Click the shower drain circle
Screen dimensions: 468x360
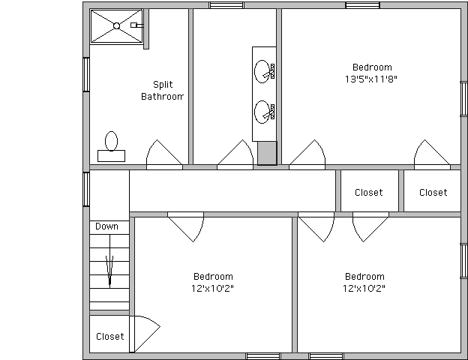point(117,26)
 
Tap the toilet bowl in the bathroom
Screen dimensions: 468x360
point(111,141)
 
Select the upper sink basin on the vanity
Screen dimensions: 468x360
point(262,71)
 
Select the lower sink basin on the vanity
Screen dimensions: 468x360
point(262,112)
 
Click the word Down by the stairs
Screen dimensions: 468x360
point(106,226)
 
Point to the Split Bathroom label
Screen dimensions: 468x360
point(162,91)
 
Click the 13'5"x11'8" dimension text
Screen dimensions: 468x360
point(371,79)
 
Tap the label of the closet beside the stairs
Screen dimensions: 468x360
point(109,337)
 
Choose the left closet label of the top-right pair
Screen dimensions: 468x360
point(368,193)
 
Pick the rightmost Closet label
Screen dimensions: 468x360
point(433,193)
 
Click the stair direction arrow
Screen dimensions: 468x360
point(109,270)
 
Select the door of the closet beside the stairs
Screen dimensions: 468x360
point(145,334)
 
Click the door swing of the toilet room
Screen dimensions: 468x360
point(164,154)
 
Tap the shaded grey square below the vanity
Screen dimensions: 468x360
point(267,153)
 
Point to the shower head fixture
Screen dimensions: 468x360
point(136,25)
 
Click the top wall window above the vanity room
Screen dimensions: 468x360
point(226,5)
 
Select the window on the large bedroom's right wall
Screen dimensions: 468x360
point(463,99)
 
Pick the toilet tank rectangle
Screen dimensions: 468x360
point(111,156)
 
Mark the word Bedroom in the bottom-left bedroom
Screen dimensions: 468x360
point(213,277)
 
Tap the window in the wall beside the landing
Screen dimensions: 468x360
point(86,189)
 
